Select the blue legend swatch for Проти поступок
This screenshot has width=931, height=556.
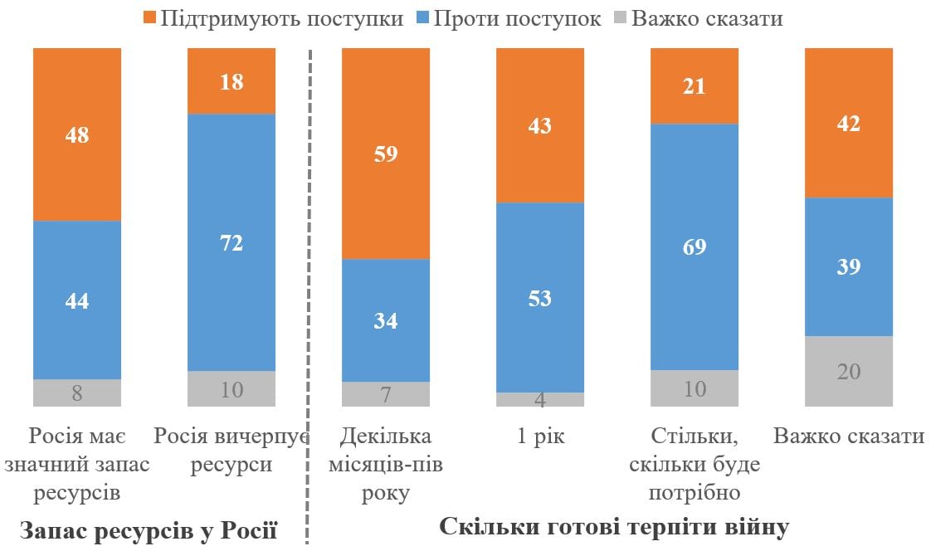click(420, 18)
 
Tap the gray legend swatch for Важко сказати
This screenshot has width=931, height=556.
click(617, 18)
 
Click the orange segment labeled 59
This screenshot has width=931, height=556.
click(386, 154)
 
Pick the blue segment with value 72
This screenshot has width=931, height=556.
click(232, 242)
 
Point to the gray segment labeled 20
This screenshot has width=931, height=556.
click(849, 371)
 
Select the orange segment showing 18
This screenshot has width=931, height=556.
click(232, 80)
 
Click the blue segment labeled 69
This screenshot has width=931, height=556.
click(695, 246)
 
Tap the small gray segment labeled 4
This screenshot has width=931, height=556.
click(540, 399)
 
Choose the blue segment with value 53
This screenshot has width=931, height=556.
click(540, 297)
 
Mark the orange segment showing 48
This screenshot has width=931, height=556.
click(77, 134)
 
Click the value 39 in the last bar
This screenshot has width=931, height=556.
click(849, 267)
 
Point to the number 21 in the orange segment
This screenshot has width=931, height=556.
click(695, 85)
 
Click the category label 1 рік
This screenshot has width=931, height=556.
click(540, 437)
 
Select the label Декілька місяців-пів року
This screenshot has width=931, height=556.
click(386, 465)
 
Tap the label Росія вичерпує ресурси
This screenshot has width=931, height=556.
click(232, 451)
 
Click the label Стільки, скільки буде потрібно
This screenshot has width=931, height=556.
click(695, 465)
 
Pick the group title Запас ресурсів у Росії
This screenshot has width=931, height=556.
click(148, 530)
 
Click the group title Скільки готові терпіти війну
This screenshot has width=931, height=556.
click(614, 527)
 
